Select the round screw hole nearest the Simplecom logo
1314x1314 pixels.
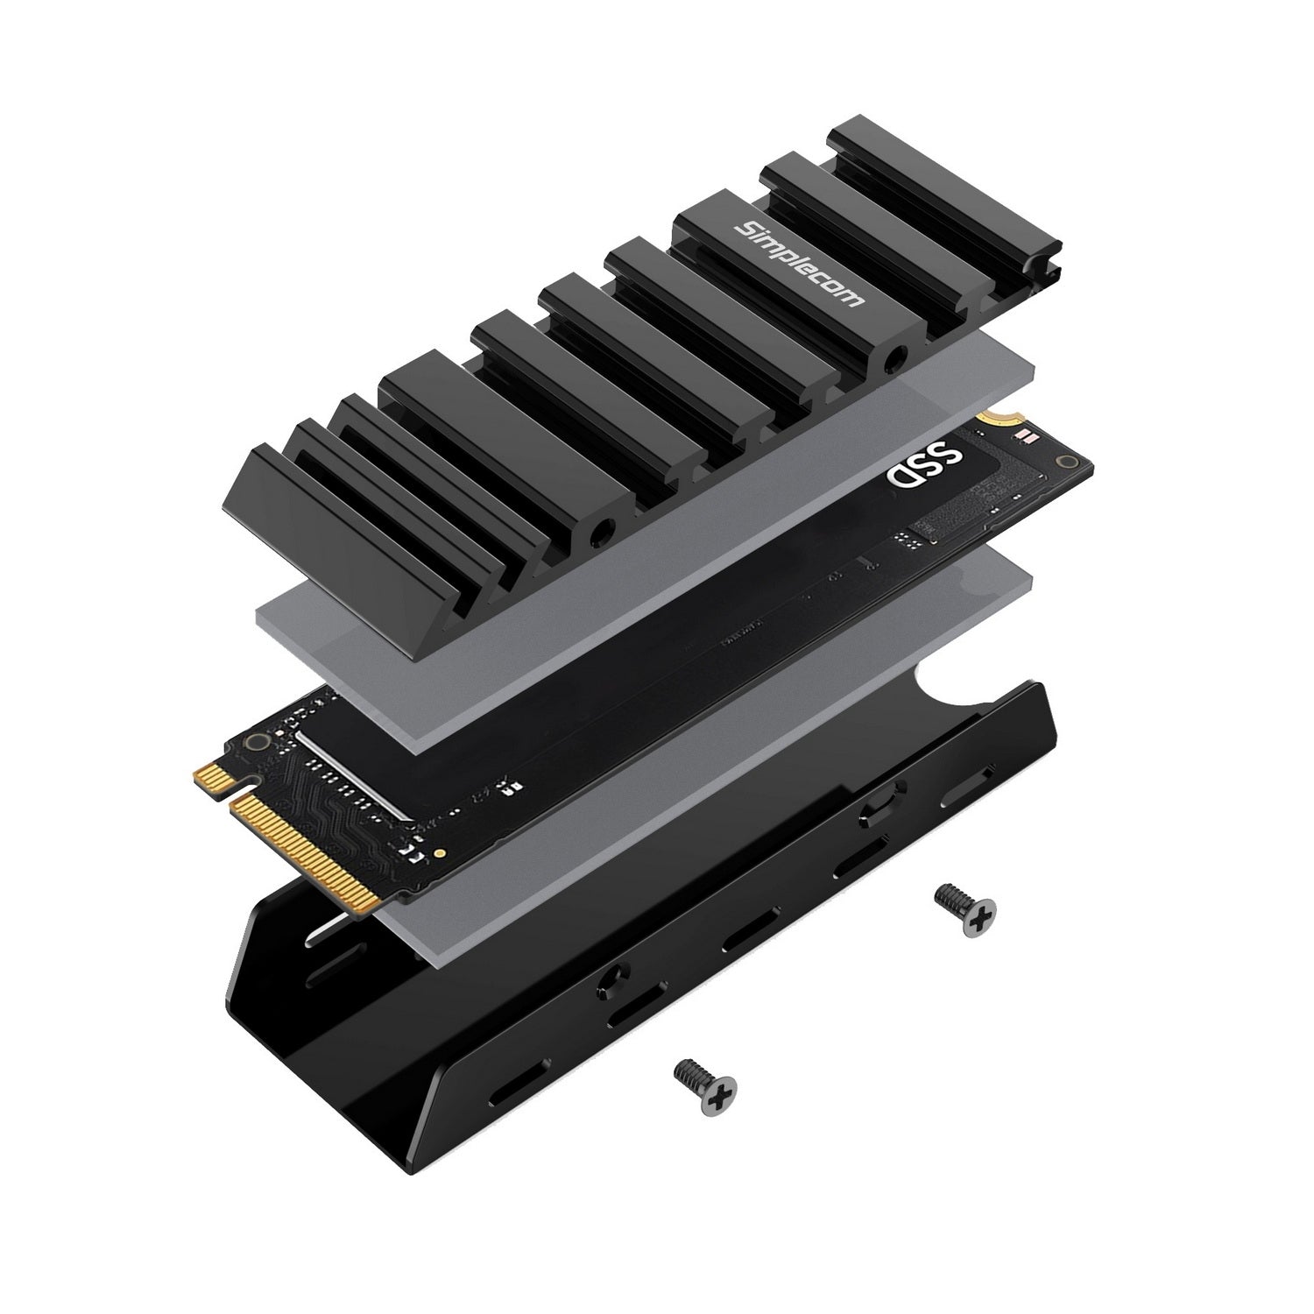[894, 358]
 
